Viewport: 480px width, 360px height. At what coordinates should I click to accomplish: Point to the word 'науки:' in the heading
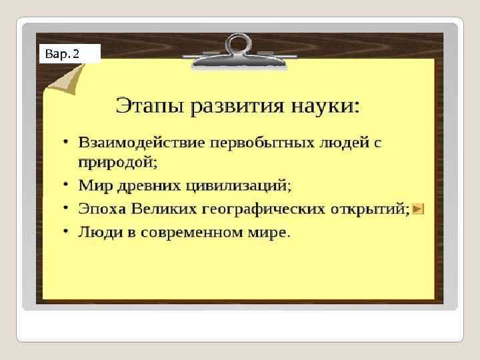(x=327, y=106)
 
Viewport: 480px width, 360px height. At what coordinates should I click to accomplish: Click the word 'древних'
(x=149, y=185)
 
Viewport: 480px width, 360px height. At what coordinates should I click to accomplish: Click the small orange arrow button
(x=418, y=209)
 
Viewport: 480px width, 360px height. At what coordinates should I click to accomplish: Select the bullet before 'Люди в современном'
(x=66, y=233)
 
